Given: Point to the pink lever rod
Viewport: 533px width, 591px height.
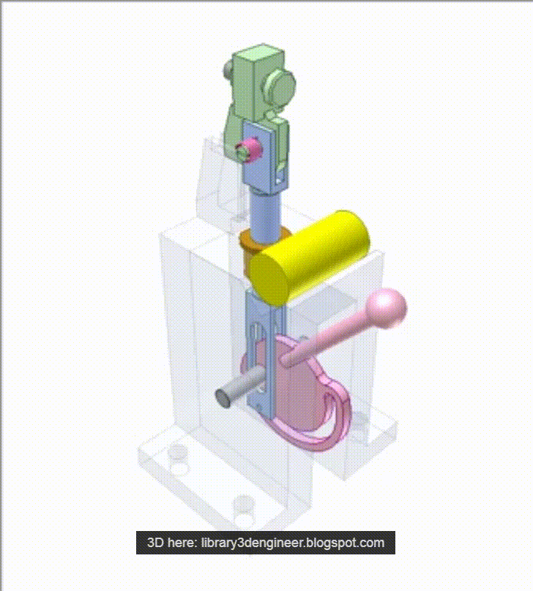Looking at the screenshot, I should coord(329,338).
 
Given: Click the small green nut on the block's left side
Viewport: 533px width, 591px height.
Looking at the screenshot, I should coord(228,71).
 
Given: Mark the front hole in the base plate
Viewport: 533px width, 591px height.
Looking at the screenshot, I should coord(244,505).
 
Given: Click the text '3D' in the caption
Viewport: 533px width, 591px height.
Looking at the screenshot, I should coord(155,543).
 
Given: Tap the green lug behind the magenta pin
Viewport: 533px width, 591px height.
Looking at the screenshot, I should coord(237,124).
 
